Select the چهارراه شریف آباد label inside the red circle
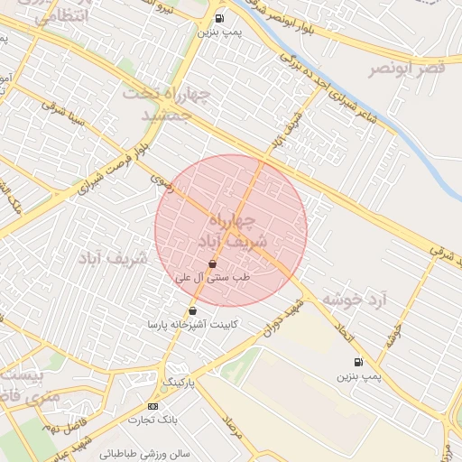[231, 231]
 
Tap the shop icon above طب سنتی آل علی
[212, 264]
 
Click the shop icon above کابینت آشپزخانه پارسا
[192, 311]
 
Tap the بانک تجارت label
[151, 420]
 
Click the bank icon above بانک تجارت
[152, 407]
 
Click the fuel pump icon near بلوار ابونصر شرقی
[219, 18]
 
